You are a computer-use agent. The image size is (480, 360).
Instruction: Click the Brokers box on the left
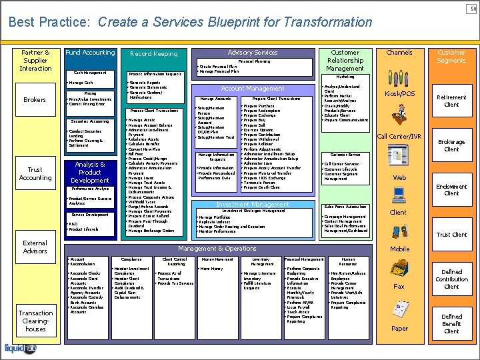click(x=35, y=100)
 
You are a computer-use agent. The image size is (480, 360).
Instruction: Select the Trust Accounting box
click(x=35, y=174)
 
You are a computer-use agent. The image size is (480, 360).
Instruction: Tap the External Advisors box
click(x=35, y=247)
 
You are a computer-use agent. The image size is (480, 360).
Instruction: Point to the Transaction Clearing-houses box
click(x=35, y=321)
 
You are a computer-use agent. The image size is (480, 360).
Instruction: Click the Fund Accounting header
click(x=90, y=53)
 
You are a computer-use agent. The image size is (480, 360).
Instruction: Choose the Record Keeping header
click(x=154, y=54)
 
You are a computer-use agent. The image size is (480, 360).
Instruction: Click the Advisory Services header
click(x=253, y=53)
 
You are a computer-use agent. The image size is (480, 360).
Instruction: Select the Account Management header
click(x=253, y=89)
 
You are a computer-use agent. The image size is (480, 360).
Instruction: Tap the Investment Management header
click(x=253, y=205)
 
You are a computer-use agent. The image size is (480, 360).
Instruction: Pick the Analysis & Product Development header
click(x=90, y=172)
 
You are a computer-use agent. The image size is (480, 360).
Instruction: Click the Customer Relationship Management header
click(x=345, y=60)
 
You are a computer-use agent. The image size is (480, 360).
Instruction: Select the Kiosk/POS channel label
click(x=399, y=94)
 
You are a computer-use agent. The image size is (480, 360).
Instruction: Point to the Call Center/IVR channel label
click(x=399, y=137)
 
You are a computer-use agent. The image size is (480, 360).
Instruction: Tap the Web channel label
click(x=399, y=178)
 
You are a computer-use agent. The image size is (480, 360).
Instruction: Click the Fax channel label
click(x=399, y=287)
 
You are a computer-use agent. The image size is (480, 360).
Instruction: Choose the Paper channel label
click(x=399, y=328)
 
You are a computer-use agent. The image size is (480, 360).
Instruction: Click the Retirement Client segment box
click(x=451, y=100)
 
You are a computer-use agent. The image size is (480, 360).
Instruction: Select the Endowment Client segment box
click(x=451, y=190)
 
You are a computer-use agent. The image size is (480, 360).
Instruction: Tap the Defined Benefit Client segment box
click(x=451, y=323)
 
